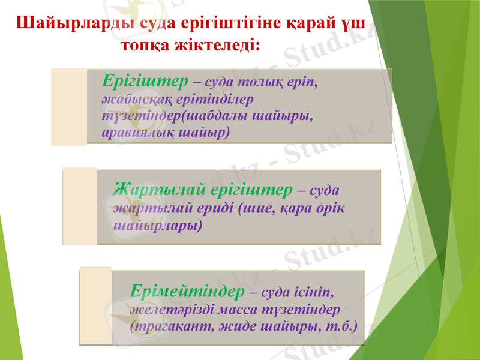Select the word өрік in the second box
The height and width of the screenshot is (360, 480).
(331, 208)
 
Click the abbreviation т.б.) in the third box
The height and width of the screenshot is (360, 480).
(341, 327)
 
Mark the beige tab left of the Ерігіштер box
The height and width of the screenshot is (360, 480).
(69, 106)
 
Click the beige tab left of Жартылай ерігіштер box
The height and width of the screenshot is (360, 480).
(80, 206)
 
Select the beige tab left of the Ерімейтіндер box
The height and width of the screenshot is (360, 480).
(95, 306)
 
